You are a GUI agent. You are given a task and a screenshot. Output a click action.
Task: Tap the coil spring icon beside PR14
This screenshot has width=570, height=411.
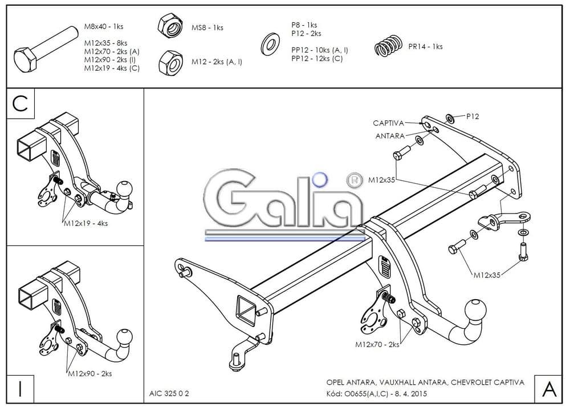[x=389, y=46]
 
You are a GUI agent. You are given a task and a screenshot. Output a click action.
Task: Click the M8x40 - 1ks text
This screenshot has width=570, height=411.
[x=104, y=26]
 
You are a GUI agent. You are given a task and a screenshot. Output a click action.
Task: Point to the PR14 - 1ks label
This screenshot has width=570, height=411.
[x=425, y=46]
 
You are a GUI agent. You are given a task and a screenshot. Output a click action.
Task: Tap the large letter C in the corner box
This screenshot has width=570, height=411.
[x=21, y=103]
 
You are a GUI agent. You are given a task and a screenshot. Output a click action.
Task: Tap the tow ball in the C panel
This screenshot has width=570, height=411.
[x=124, y=189]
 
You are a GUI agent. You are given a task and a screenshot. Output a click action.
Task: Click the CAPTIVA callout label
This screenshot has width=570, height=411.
[x=388, y=123]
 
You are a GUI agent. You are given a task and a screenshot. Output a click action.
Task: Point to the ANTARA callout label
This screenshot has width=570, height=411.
[x=390, y=136]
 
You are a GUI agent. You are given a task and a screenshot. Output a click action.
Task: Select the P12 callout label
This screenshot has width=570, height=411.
[x=473, y=116]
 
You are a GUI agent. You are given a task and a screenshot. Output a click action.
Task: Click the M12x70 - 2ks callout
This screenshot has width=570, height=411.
[x=377, y=344]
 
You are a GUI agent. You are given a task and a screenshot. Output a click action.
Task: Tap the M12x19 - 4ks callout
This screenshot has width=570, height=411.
[x=85, y=223]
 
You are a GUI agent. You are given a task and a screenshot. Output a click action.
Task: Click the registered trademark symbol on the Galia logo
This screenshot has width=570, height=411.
[x=353, y=181]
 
